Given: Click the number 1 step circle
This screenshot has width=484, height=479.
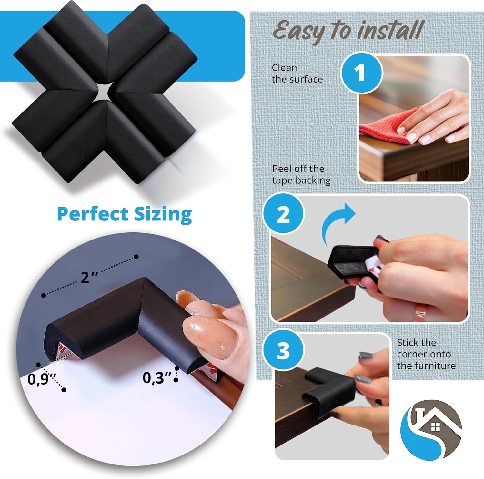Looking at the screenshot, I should (361, 73).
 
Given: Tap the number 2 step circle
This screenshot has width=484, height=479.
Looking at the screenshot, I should (283, 214).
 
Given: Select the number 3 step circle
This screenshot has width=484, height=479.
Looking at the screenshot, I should (283, 350).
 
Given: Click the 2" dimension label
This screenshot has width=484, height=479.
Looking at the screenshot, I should (89, 277).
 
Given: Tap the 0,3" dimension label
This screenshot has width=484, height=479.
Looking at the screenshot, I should (157, 378).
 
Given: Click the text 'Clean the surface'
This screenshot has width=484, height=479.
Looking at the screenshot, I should (297, 73).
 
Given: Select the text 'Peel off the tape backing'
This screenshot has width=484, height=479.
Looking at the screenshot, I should (301, 174).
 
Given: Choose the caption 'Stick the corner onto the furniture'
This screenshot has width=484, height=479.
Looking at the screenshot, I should (426, 354).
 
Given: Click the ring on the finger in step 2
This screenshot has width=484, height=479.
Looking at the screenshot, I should (419, 313).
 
